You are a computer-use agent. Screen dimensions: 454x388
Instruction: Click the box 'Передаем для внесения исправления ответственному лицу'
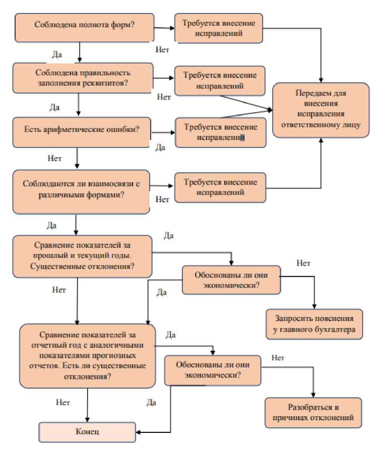[321, 110]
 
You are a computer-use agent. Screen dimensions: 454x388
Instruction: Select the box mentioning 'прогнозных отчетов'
[88, 355]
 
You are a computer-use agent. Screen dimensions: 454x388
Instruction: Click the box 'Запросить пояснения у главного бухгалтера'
[314, 324]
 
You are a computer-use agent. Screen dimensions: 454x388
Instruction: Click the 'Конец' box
[88, 431]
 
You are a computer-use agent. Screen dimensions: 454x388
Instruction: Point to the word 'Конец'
[88, 431]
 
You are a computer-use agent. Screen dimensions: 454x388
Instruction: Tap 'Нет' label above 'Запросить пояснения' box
[303, 263]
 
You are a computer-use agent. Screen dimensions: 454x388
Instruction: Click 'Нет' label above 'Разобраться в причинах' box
[278, 358]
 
